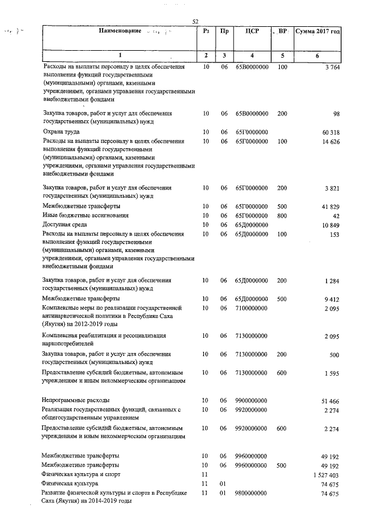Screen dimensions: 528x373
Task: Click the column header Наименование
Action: pyautogui.click(x=121, y=30)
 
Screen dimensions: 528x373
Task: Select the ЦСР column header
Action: pyautogui.click(x=252, y=30)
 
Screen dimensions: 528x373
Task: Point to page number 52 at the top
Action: pyautogui.click(x=196, y=22)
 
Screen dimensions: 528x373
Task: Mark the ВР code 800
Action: pyautogui.click(x=282, y=215)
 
